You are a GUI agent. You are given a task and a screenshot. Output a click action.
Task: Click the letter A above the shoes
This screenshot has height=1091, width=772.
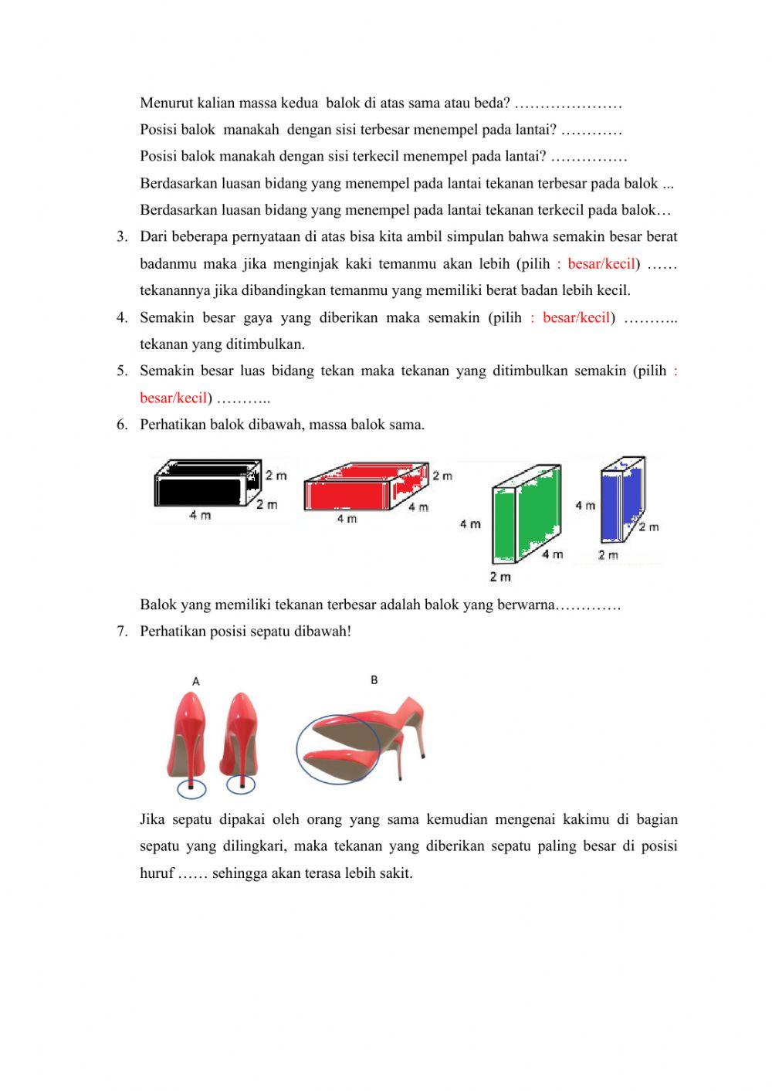click(x=196, y=681)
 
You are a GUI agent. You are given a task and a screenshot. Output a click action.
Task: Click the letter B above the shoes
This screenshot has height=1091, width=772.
click(x=374, y=679)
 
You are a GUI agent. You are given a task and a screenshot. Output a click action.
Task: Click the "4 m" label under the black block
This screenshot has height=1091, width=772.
click(x=200, y=516)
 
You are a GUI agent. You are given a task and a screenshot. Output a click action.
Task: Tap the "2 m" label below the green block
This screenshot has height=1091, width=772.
click(x=499, y=577)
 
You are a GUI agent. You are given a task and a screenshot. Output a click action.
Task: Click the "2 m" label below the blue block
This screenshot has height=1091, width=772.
click(x=608, y=554)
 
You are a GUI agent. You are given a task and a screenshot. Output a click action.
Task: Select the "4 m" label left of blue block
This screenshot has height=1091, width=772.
click(x=584, y=505)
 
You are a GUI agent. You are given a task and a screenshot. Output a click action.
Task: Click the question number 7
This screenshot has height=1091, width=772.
click(x=122, y=632)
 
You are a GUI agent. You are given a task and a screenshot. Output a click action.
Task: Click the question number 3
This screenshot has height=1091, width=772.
click(x=122, y=237)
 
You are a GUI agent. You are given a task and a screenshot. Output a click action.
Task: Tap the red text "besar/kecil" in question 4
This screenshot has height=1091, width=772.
click(x=576, y=317)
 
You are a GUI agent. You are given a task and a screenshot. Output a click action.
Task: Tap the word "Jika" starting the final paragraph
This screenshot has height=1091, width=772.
click(x=152, y=819)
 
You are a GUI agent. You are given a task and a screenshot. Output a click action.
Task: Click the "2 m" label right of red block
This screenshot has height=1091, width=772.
click(x=442, y=476)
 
